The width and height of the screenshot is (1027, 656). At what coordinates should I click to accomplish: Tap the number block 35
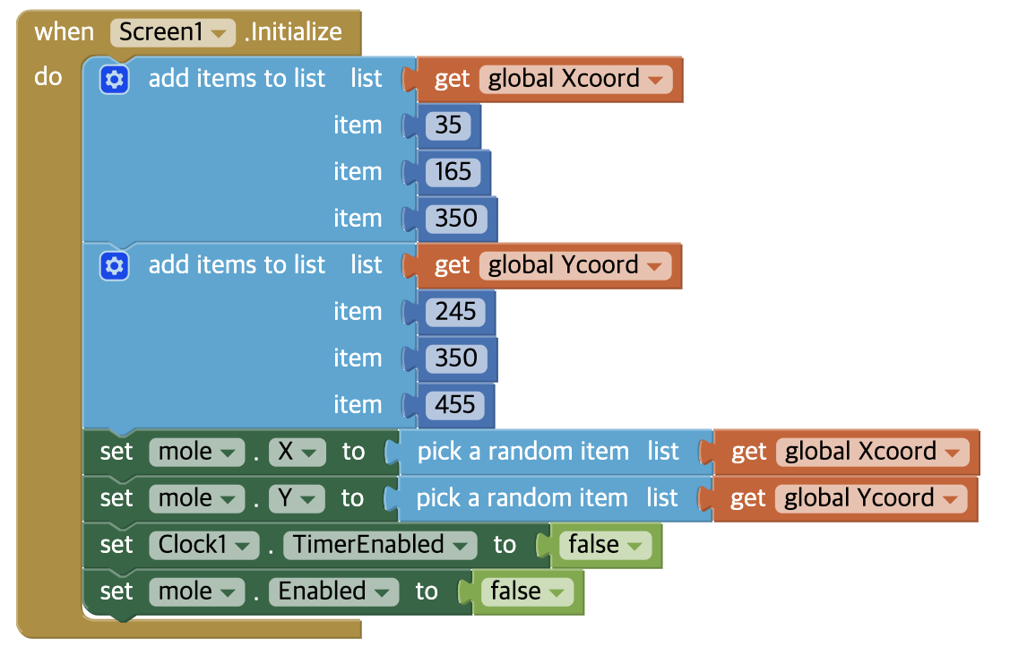[448, 125]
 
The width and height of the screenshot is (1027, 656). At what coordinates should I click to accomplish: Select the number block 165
[453, 172]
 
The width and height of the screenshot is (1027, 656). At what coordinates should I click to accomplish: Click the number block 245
[455, 312]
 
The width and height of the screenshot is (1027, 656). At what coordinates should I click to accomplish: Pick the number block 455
[455, 405]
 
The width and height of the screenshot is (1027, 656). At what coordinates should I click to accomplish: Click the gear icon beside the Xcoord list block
[115, 80]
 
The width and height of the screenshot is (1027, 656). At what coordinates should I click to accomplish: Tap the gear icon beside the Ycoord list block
[115, 266]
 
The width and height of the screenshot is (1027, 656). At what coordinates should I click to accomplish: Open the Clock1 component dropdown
[204, 545]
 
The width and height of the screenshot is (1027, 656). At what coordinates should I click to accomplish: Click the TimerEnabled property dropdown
[380, 545]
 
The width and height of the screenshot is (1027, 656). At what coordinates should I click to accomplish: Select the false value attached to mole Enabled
[526, 591]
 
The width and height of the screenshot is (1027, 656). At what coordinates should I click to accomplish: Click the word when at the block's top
[64, 32]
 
